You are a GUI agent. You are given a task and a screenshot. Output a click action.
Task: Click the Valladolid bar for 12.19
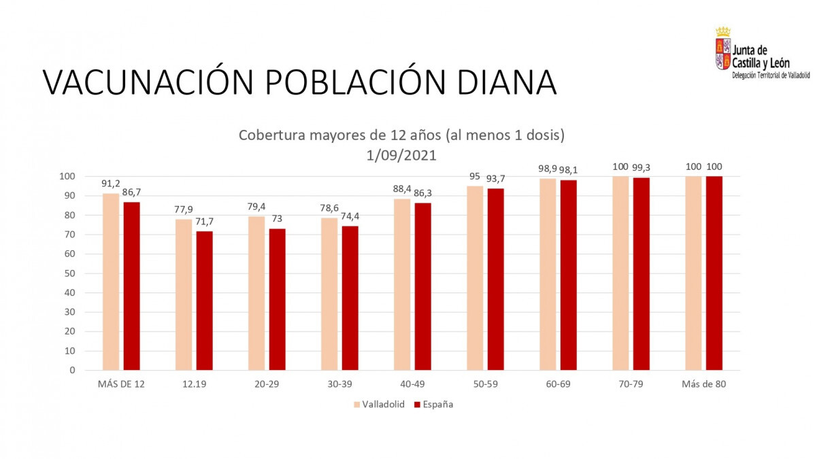[184, 294]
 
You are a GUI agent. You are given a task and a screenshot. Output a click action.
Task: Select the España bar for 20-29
[277, 299]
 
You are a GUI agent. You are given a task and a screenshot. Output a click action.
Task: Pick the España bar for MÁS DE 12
[131, 286]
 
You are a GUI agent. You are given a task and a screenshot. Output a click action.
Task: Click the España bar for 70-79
[642, 273]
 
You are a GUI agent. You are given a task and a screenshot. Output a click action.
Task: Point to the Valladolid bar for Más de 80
[693, 273]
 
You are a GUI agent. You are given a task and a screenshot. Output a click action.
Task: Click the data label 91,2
[111, 184]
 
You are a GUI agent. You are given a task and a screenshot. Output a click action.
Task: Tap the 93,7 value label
[496, 179]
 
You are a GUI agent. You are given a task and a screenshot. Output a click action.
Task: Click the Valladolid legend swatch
[357, 405]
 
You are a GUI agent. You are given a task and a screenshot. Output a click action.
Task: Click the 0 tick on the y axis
[71, 371]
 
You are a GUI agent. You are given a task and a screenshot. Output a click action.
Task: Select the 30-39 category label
[339, 384]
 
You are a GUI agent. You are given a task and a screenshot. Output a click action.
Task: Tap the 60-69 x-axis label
[558, 384]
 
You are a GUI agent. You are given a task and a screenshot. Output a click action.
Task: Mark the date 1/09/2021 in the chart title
[401, 155]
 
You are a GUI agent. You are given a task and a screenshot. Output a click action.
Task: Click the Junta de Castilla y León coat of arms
[722, 49]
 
